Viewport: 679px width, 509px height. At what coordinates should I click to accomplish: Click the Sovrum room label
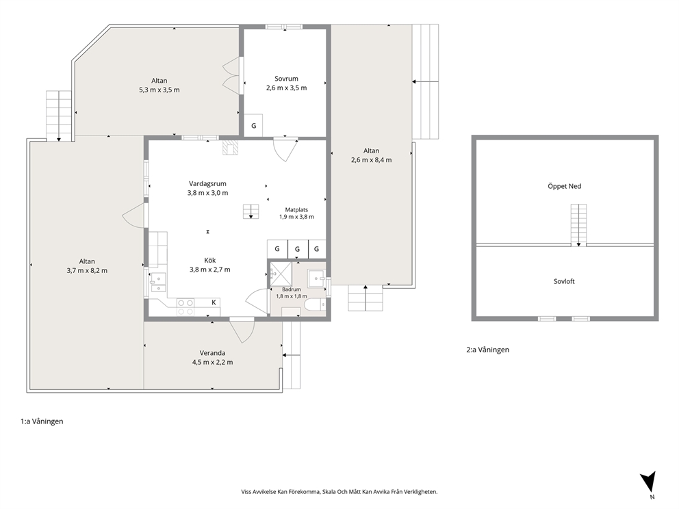coord(286,79)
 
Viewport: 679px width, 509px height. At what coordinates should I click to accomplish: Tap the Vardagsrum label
coord(207,183)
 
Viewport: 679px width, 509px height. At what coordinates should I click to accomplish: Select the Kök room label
coord(210,260)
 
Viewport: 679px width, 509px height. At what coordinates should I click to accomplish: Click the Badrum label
coord(292,289)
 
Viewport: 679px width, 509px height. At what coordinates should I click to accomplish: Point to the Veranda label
coord(212,353)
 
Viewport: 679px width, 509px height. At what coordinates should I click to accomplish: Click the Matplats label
coord(296,210)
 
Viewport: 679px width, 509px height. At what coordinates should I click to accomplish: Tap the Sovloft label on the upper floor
coord(564,281)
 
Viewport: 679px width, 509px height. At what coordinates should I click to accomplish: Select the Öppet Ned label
coord(564,186)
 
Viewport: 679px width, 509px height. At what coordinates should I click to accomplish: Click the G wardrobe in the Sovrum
coord(253,125)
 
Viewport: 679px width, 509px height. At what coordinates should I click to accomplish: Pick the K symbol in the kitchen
coord(214,302)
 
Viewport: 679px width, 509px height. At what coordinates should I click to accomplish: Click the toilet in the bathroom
coord(316,304)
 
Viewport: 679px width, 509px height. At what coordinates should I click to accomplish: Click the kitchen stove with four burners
coord(185,307)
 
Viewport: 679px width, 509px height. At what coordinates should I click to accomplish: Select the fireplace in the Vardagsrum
coord(230,147)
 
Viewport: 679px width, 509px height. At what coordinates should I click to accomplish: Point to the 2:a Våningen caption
coord(487,350)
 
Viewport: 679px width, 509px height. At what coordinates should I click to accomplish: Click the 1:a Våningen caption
coord(42,421)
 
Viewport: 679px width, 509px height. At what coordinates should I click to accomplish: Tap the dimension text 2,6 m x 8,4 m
coord(372,159)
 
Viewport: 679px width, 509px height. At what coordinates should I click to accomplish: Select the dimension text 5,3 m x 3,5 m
coord(159,90)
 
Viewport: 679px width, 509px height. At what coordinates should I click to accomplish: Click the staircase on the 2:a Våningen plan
coord(578,225)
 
